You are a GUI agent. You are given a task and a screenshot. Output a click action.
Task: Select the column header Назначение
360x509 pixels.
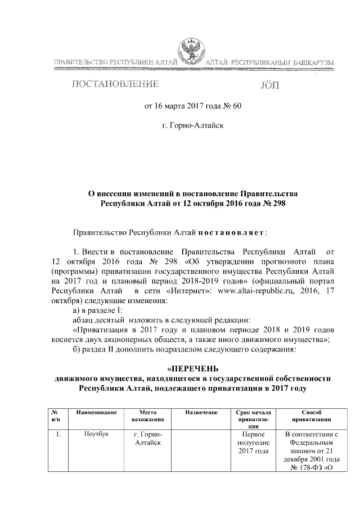coord(201,413)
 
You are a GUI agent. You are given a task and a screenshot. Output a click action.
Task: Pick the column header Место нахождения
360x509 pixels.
coord(148,416)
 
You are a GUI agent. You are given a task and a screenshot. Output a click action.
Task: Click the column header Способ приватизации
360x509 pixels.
coord(310,416)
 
